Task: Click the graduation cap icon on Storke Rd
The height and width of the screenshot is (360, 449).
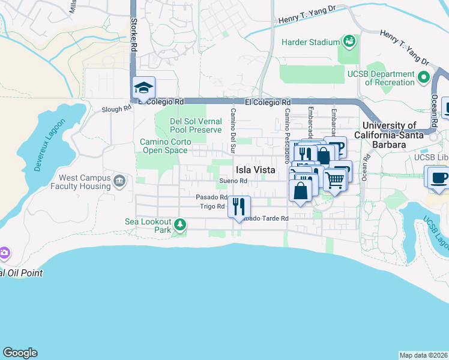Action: pyautogui.click(x=143, y=89)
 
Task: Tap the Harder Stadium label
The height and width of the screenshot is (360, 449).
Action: pyautogui.click(x=311, y=42)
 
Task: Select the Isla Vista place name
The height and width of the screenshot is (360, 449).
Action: pyautogui.click(x=255, y=170)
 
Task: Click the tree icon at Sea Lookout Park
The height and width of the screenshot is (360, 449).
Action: pyautogui.click(x=180, y=224)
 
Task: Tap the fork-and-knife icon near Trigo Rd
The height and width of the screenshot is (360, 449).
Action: pyautogui.click(x=239, y=207)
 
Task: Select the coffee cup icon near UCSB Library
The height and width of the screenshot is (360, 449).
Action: pyautogui.click(x=436, y=178)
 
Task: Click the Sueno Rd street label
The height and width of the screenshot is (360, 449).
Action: pyautogui.click(x=234, y=181)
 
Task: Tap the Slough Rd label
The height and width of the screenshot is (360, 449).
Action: pyautogui.click(x=116, y=109)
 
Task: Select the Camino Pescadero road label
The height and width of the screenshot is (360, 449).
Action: pyautogui.click(x=287, y=136)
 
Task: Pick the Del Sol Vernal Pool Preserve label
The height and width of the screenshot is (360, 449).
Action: pyautogui.click(x=196, y=125)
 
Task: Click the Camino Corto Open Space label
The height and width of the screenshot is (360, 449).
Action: pyautogui.click(x=164, y=146)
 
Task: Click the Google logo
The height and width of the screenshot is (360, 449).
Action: pyautogui.click(x=20, y=352)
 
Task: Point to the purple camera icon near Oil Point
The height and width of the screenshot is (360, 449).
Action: pyautogui.click(x=4, y=253)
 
